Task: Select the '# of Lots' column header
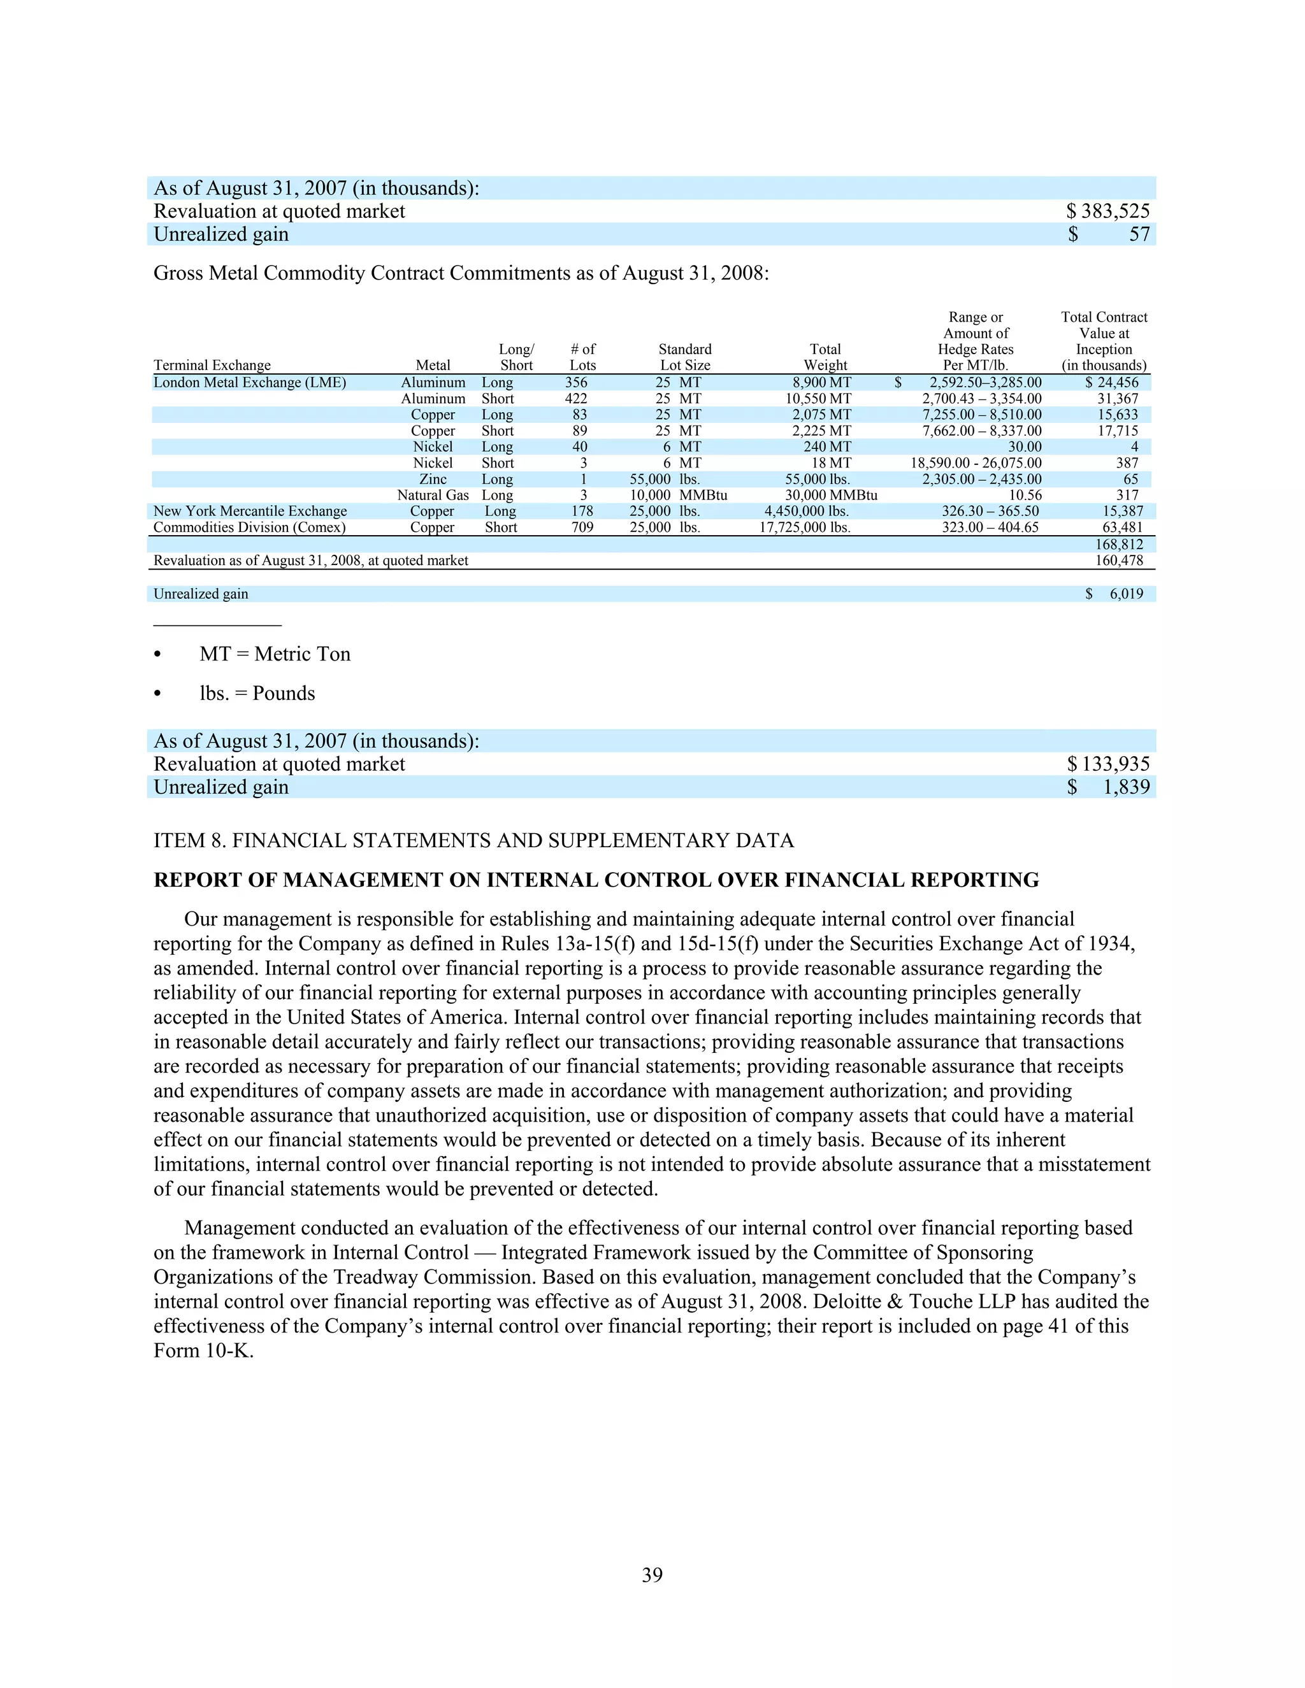pyautogui.click(x=583, y=357)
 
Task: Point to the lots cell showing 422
pyautogui.click(x=576, y=399)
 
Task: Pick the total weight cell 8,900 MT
pyautogui.click(x=822, y=383)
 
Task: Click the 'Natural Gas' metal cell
pyautogui.click(x=433, y=496)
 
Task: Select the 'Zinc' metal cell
pyautogui.click(x=433, y=479)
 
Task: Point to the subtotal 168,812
pyautogui.click(x=1119, y=544)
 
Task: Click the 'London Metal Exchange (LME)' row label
pyautogui.click(x=250, y=383)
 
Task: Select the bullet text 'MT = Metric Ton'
pyautogui.click(x=275, y=655)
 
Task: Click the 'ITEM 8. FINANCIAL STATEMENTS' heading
pyautogui.click(x=473, y=841)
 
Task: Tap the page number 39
pyautogui.click(x=652, y=1575)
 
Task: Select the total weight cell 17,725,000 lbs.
pyautogui.click(x=804, y=528)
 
